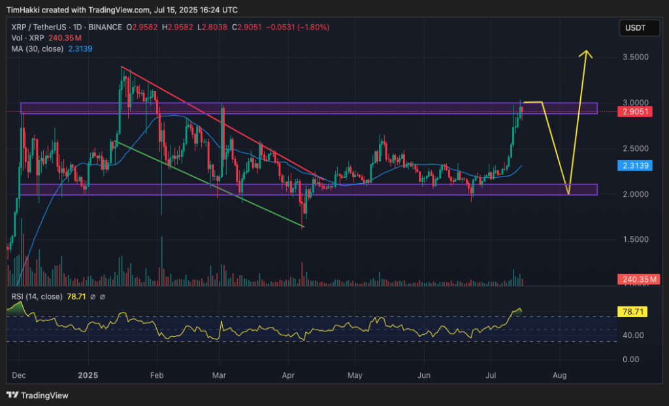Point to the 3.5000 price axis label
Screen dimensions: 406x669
click(635, 58)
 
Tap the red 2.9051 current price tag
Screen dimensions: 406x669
click(634, 112)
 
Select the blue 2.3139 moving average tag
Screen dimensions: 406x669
click(634, 167)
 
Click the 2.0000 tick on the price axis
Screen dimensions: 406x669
click(635, 194)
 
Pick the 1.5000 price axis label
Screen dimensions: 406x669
click(635, 239)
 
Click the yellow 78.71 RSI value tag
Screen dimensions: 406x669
click(633, 312)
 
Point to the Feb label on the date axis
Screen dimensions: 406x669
click(156, 376)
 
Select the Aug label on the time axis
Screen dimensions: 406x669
click(559, 376)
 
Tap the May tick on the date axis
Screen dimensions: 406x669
click(355, 376)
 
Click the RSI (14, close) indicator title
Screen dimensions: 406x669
click(37, 296)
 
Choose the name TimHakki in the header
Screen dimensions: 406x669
click(24, 10)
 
